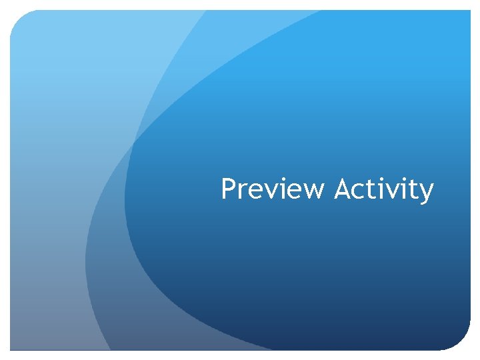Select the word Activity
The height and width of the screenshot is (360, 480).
tap(384, 190)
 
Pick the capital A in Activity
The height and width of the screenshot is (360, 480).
tap(343, 189)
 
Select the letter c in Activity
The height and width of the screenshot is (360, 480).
tap(361, 192)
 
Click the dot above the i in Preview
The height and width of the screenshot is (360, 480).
tap(281, 180)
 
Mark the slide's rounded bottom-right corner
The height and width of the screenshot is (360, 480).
tap(463, 343)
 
